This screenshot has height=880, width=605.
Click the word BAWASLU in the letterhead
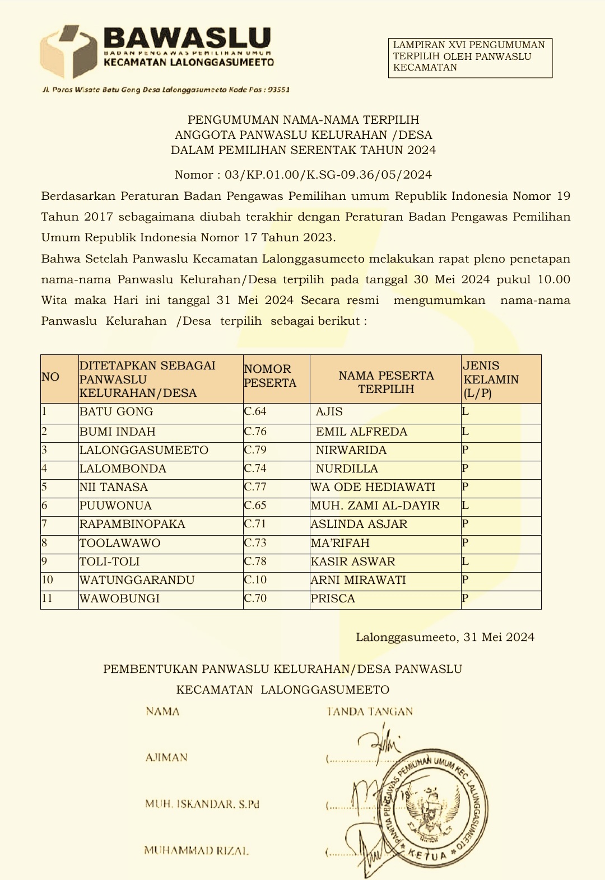[x=188, y=39]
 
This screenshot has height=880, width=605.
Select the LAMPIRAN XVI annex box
[x=470, y=57]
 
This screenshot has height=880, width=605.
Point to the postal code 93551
[x=278, y=90]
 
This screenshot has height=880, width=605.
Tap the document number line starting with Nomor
[x=303, y=175]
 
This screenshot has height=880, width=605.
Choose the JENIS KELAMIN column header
[x=491, y=379]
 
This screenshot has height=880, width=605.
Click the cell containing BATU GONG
[x=117, y=412]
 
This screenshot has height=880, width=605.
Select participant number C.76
[x=255, y=432]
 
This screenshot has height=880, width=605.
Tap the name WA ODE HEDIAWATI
[x=373, y=488]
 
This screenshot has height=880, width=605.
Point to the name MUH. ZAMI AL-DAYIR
[x=375, y=506]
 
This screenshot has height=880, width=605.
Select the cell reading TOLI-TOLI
[x=110, y=562]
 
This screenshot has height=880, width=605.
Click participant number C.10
[x=255, y=580]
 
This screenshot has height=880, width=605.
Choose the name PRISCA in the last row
[x=333, y=599]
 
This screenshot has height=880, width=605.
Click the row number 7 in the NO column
[x=44, y=525]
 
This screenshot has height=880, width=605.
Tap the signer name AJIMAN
[x=166, y=758]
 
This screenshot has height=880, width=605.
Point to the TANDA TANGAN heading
[x=370, y=712]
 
